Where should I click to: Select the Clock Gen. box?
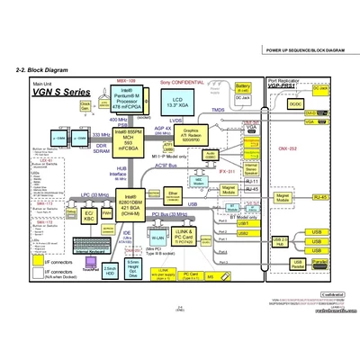tap(85, 107)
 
